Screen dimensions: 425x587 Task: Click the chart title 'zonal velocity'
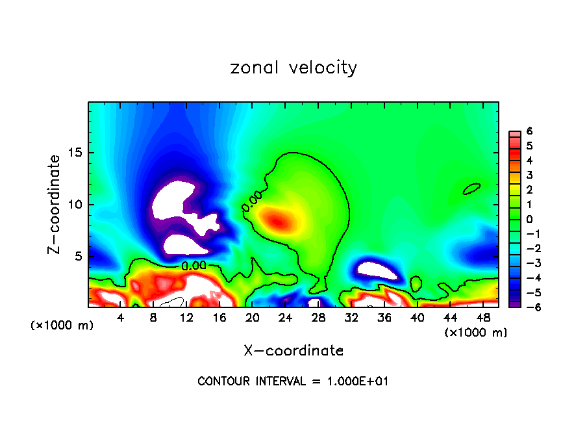coord(293,68)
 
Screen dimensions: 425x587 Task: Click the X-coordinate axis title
coord(293,351)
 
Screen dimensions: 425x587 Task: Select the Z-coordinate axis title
coord(56,204)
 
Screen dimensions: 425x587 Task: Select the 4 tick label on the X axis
coord(120,318)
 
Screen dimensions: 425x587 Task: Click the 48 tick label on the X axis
coord(482,318)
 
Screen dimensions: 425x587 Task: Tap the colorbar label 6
coord(529,131)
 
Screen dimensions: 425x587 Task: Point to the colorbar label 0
coord(529,219)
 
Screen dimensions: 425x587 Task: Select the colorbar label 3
coord(529,175)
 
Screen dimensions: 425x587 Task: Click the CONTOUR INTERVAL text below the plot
coord(293,381)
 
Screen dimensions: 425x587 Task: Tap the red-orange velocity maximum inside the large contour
coord(277,221)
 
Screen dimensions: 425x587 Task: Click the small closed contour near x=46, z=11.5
coord(472,189)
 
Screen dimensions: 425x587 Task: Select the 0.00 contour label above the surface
coord(194,265)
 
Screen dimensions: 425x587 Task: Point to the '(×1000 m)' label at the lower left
coord(62,326)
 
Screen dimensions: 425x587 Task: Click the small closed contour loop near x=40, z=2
coord(416,283)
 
